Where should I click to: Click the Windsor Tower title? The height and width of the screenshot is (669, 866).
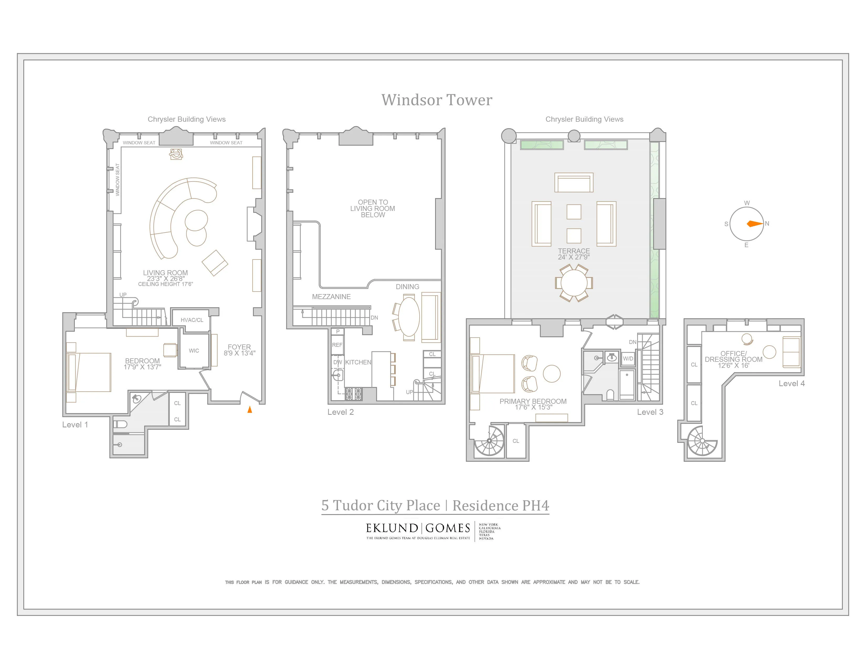437,100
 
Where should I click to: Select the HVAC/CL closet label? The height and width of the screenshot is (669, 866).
192,320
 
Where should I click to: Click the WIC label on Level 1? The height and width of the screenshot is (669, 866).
194,350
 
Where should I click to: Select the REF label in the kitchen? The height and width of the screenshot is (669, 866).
337,345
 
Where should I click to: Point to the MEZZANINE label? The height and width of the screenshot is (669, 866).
331,296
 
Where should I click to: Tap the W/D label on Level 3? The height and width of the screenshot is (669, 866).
628,358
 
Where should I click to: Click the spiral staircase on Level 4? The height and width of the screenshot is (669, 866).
702,441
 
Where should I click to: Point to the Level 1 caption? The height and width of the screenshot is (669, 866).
75,424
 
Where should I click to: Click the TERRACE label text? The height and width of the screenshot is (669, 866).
574,251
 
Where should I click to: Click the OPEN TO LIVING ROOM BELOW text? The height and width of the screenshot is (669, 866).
372,209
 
